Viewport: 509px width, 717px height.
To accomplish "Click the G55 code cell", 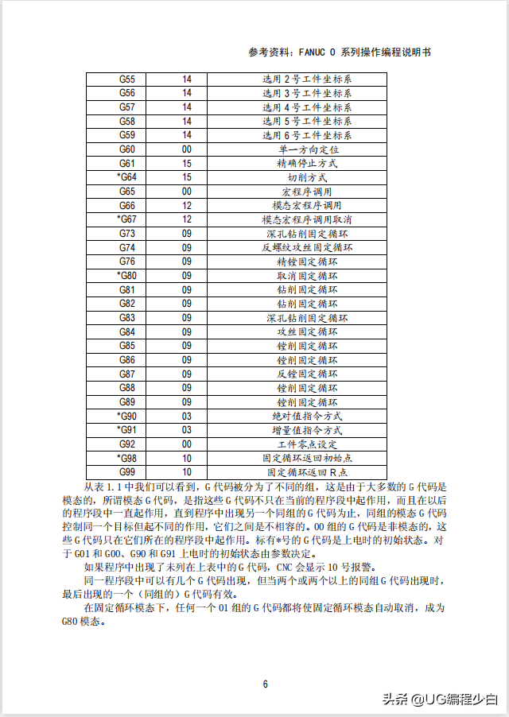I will (126, 79).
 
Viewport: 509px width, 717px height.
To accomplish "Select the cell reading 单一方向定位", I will (307, 149).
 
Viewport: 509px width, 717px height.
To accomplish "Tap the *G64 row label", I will (126, 177).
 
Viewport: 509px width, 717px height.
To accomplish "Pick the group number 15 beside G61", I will (187, 164).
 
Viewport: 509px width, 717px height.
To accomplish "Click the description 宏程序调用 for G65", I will (307, 192).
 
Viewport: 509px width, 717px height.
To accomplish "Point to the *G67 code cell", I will (126, 219).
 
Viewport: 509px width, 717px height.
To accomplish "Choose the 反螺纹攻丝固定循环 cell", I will (307, 247).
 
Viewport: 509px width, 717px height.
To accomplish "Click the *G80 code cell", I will (126, 275).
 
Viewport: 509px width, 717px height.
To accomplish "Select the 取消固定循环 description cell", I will (307, 275).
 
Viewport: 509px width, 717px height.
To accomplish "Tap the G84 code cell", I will (126, 331).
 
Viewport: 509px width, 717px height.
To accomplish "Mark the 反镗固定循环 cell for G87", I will (307, 374).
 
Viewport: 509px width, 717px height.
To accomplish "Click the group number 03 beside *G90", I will (187, 416).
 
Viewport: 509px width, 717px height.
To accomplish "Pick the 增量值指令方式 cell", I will (307, 430).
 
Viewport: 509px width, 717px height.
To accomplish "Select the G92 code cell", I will (126, 444).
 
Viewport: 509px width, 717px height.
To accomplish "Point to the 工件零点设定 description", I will (307, 444).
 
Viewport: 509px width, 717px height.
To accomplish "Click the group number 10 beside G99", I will (187, 472).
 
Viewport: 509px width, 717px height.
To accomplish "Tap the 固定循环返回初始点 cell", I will (307, 458).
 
